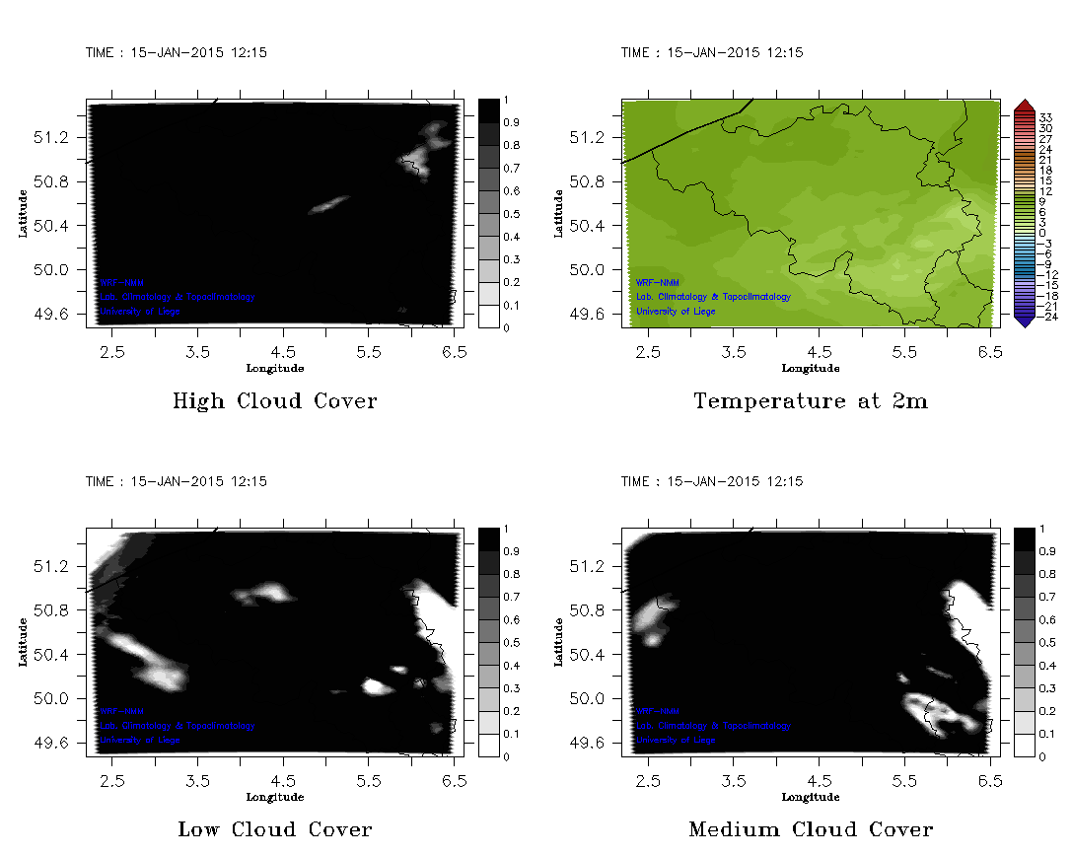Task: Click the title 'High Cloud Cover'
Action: pyautogui.click(x=274, y=401)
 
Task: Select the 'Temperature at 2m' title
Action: pyautogui.click(x=811, y=401)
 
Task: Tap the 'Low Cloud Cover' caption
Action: pyautogui.click(x=274, y=829)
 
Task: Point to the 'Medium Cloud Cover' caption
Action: pyautogui.click(x=811, y=829)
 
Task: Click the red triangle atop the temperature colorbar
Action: pyautogui.click(x=1024, y=105)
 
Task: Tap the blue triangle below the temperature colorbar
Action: pyautogui.click(x=1024, y=319)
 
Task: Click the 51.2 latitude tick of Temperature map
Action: pyautogui.click(x=584, y=137)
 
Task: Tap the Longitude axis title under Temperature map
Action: pyautogui.click(x=811, y=369)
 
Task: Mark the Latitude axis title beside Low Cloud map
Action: pyautogui.click(x=23, y=642)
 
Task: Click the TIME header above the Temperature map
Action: pyautogui.click(x=711, y=52)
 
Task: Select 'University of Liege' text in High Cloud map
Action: pyautogui.click(x=139, y=312)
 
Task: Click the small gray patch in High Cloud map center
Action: pyautogui.click(x=329, y=204)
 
